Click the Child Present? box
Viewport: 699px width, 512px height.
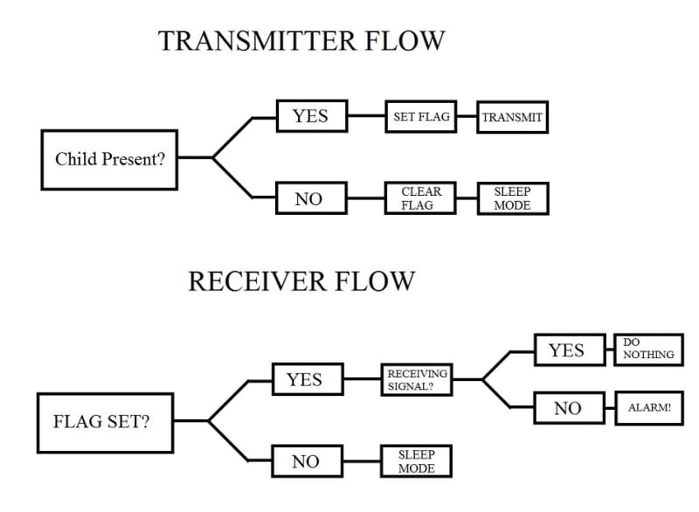coord(109,160)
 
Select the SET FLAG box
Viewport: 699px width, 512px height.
coord(421,117)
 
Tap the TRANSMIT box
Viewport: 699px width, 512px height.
coord(512,117)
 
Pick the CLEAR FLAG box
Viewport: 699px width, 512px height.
coord(420,198)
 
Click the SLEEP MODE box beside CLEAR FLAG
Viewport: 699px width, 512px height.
coord(513,198)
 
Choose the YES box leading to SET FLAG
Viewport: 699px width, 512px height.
coord(312,116)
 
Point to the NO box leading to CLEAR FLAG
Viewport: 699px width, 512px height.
coord(311,197)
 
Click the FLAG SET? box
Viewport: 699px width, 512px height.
coord(105,423)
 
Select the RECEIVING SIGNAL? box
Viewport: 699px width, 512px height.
coord(417,380)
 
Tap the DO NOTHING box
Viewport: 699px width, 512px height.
coord(648,349)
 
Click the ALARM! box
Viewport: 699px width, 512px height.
coord(649,408)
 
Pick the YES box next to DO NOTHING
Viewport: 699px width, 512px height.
coord(570,349)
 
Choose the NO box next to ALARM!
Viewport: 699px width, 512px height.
coord(570,408)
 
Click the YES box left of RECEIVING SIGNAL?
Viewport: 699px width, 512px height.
coord(308,379)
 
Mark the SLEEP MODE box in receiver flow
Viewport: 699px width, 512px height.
coord(417,461)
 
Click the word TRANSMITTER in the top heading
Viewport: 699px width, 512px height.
coord(259,40)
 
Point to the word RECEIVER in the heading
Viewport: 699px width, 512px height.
coord(257,281)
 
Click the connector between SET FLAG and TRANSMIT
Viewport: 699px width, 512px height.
coord(467,117)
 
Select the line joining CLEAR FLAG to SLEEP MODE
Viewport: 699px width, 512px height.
coord(467,198)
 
